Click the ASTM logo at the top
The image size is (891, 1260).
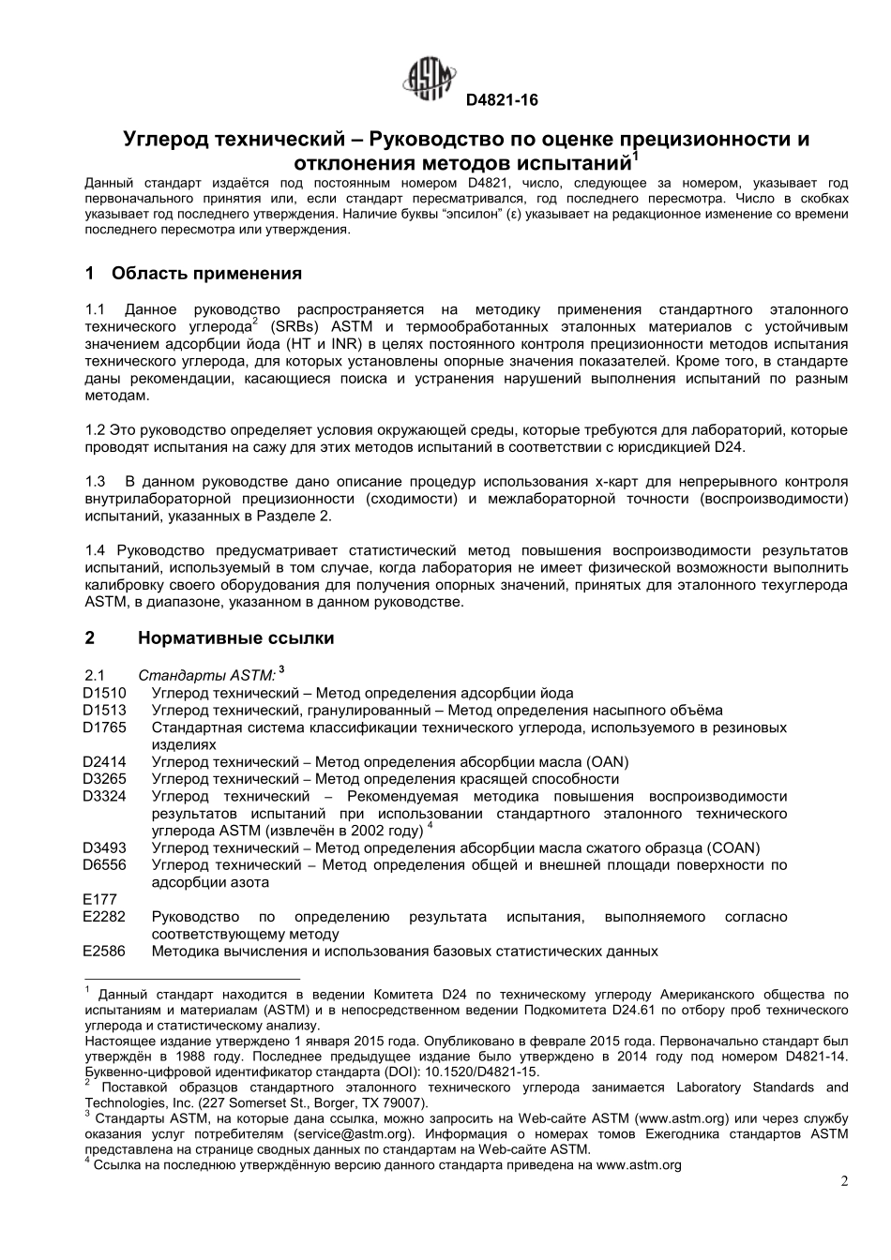[430, 79]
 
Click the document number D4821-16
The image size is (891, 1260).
[503, 100]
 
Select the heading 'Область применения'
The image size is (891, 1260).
[206, 274]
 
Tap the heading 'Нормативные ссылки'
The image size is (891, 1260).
[235, 638]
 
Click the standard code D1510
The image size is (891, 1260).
[104, 694]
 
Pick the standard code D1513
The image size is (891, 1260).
[104, 711]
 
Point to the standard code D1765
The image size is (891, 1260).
[104, 727]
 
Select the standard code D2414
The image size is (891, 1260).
[104, 762]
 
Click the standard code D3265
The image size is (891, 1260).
[104, 779]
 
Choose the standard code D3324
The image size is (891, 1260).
[104, 796]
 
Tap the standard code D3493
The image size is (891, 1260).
[104, 848]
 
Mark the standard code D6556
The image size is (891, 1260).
[104, 865]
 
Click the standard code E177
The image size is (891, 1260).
[99, 900]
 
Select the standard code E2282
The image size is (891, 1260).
[104, 917]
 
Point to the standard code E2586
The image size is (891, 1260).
[104, 952]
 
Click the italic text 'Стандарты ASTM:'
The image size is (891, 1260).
[206, 676]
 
